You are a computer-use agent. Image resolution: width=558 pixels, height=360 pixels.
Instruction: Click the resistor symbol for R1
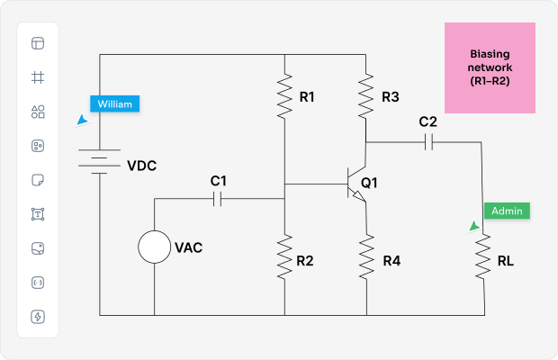pos(284,97)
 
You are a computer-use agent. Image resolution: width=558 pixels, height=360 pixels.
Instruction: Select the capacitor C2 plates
pos(428,141)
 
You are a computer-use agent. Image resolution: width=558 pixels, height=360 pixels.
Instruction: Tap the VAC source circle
pos(155,247)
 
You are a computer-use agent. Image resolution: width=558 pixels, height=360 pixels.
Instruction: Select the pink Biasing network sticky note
pos(490,68)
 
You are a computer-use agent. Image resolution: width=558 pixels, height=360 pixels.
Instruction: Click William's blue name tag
pos(114,103)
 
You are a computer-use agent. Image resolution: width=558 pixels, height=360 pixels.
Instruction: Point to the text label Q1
pos(369,183)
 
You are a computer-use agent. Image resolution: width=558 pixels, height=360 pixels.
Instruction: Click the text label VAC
pos(188,247)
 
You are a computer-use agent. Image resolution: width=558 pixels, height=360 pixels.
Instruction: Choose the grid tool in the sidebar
pos(38,77)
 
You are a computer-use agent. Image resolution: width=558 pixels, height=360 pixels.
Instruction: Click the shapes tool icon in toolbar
pos(38,112)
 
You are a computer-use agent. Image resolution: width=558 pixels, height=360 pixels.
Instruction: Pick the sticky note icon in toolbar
pos(38,180)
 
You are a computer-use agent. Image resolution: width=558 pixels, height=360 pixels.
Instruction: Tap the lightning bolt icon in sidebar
pos(38,316)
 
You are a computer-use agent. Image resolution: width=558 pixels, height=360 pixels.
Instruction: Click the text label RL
pos(506,262)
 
